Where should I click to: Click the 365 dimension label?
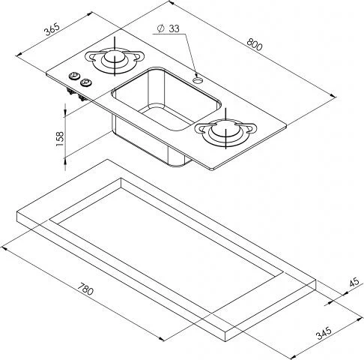point(52,29)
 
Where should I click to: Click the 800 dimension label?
point(255,45)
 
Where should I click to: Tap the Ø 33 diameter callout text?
point(169,28)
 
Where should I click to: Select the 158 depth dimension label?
point(60,139)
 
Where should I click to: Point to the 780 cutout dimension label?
point(85,289)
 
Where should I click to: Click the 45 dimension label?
point(354,282)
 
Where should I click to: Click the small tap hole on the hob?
point(198,80)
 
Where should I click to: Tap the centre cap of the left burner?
point(115,56)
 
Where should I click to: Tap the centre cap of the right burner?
point(225,130)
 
